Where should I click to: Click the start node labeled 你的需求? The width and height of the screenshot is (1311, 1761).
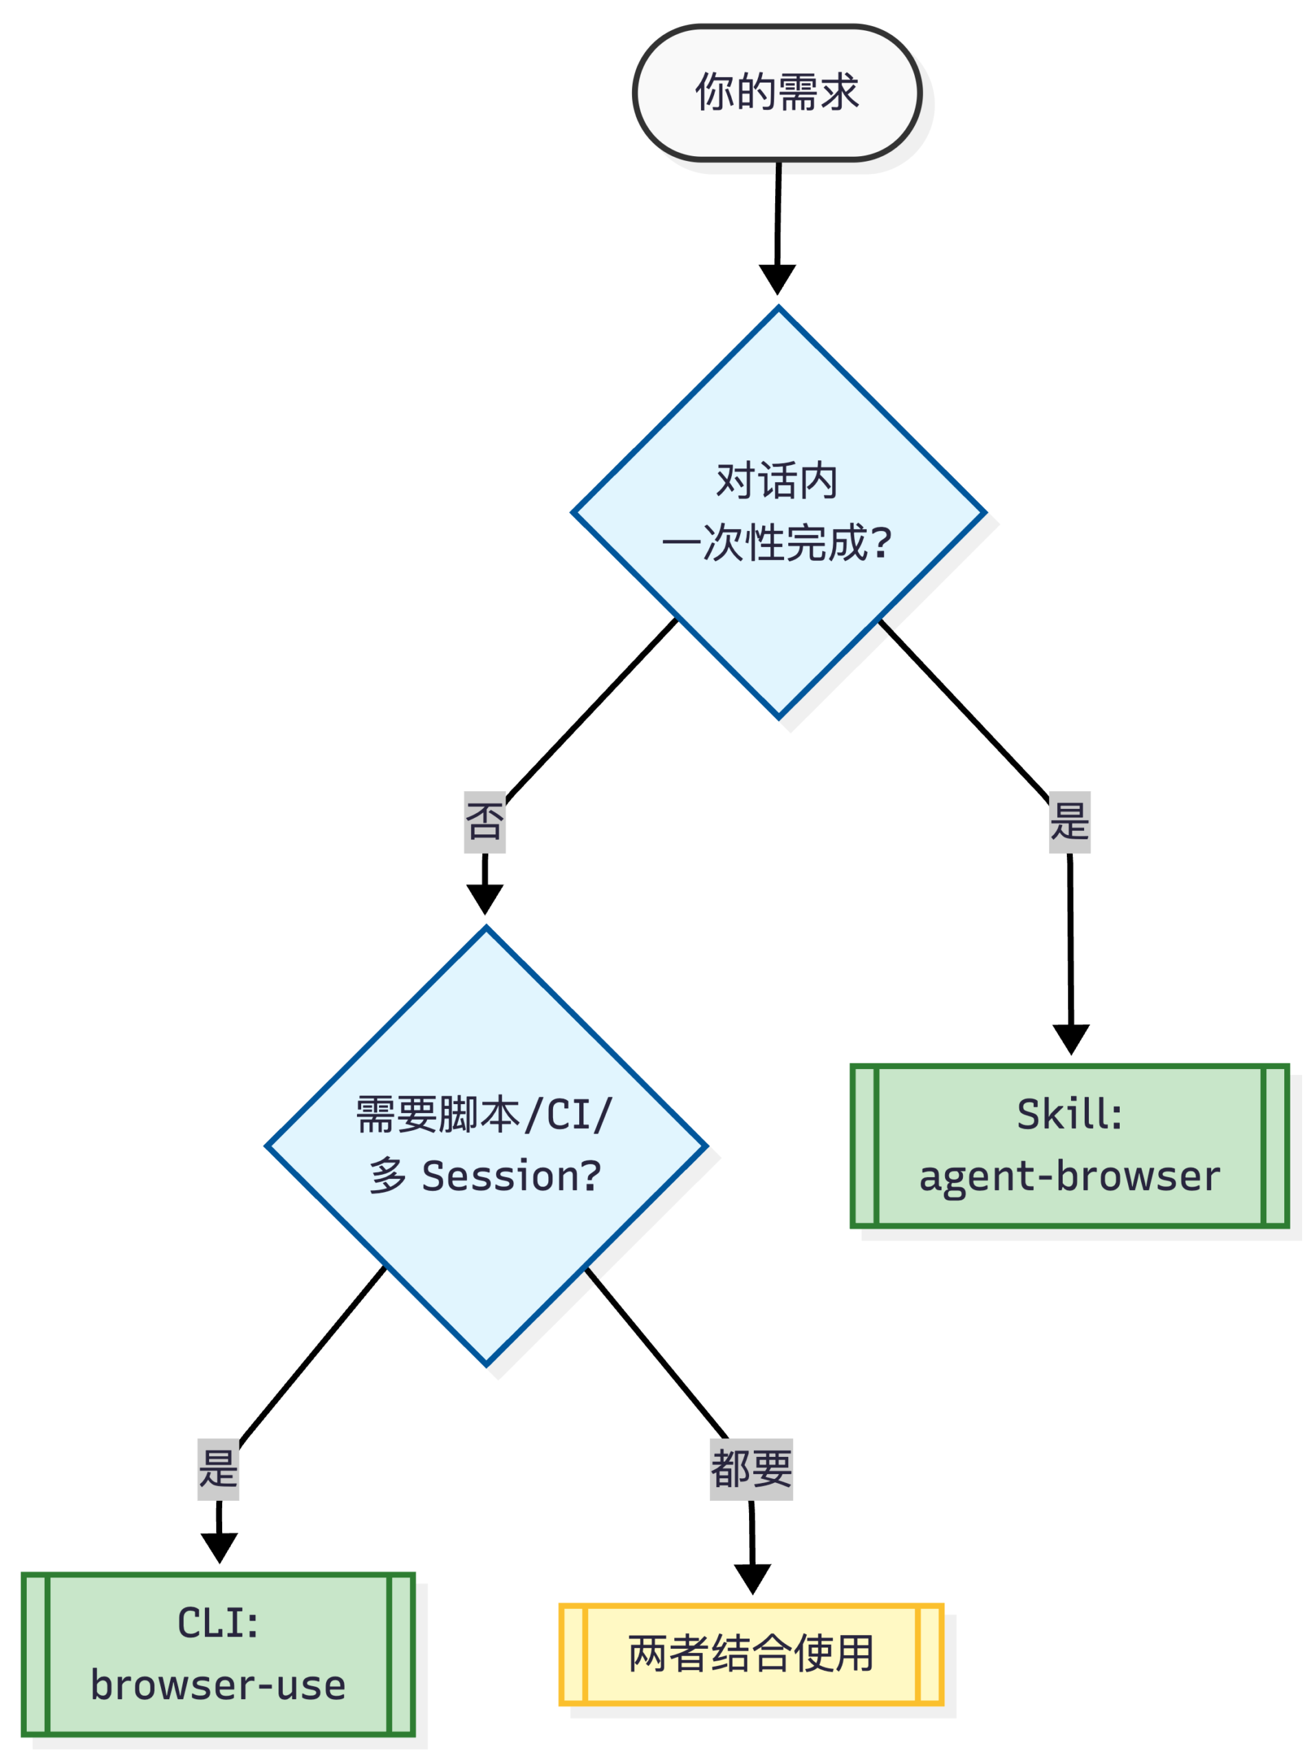click(777, 93)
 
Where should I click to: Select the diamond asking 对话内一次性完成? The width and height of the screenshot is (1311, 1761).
click(778, 512)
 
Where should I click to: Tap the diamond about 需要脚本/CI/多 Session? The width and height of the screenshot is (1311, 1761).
click(486, 1146)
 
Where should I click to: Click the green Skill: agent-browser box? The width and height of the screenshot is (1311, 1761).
click(1069, 1146)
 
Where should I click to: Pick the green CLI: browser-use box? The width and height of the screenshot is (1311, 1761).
click(218, 1654)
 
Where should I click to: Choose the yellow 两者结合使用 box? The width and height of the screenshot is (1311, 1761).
click(750, 1654)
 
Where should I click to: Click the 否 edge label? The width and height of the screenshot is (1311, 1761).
click(484, 822)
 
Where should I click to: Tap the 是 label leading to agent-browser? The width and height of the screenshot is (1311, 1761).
click(1069, 822)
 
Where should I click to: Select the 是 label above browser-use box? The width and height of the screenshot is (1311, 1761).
click(218, 1469)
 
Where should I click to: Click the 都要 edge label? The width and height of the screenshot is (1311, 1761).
click(750, 1469)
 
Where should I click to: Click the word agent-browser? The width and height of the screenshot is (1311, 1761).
click(1069, 1176)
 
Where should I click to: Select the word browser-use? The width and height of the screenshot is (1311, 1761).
click(218, 1685)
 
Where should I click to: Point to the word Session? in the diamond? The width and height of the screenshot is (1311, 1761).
click(511, 1176)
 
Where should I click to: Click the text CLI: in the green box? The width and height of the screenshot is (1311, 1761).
click(218, 1623)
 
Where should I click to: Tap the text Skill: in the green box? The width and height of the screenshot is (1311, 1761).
click(1069, 1115)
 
